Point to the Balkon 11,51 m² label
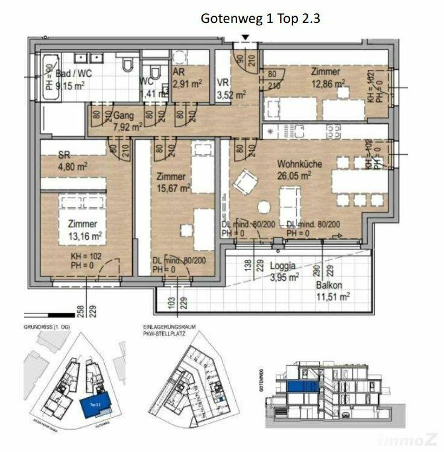332,290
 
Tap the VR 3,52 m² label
231,89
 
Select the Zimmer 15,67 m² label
174,182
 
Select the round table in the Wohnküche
264,207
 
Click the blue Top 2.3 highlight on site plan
92,406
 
